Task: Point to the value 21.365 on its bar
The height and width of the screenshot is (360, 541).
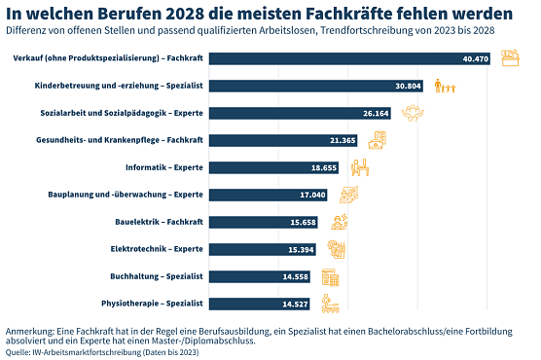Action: (x=343, y=141)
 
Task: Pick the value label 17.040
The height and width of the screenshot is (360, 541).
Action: (x=313, y=195)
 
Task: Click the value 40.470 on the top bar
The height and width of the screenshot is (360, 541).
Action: (x=475, y=59)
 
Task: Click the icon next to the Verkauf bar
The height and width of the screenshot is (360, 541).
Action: (x=511, y=59)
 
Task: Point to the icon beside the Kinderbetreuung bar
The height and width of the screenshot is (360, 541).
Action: (x=446, y=87)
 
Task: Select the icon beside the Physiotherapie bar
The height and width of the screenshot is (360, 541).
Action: (x=332, y=304)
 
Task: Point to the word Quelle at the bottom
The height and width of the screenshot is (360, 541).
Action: (x=18, y=352)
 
